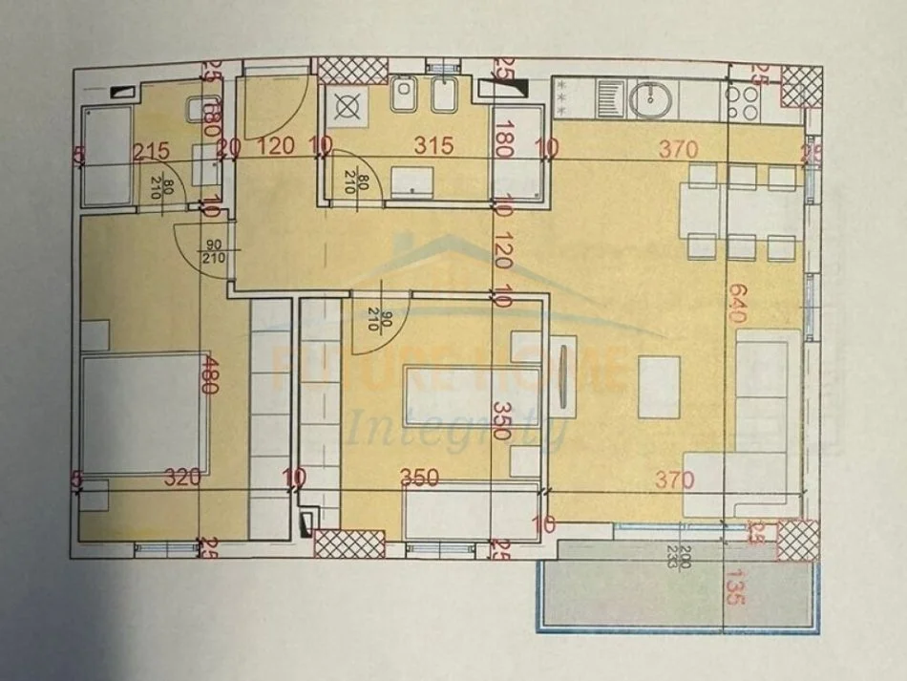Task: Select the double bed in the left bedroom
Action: click(143, 413)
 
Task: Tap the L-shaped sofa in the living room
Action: click(759, 420)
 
